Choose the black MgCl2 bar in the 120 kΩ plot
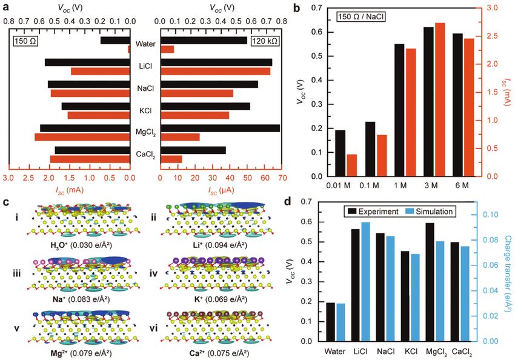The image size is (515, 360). click(220, 128)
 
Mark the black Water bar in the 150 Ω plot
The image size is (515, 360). click(115, 41)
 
